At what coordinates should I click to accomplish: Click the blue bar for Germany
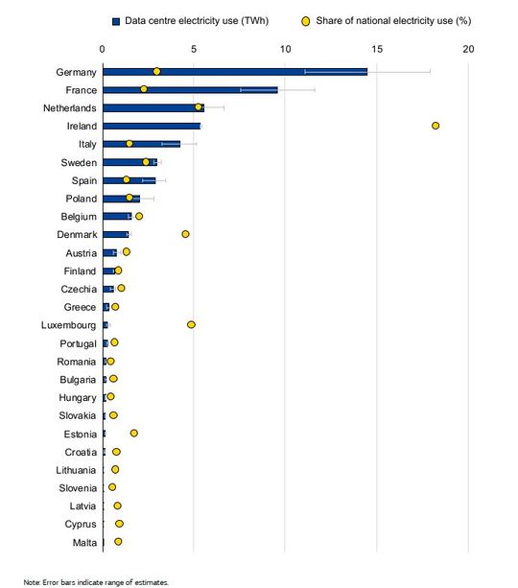235,71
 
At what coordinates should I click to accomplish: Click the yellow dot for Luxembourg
191,324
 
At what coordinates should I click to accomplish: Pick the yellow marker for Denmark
185,234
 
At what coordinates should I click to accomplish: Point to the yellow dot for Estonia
133,434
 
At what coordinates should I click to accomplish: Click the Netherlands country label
69,107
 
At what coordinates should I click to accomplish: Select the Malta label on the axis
83,542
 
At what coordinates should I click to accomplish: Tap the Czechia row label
78,289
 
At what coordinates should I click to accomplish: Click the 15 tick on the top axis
377,48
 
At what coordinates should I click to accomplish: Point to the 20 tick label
468,48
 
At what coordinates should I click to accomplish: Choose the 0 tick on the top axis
103,48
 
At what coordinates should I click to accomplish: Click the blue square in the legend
115,19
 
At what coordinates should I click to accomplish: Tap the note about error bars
96,581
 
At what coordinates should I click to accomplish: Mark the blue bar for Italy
141,144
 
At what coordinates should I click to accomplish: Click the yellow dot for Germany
156,71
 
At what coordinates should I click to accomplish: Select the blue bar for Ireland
152,126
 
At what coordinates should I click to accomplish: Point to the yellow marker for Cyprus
119,524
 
